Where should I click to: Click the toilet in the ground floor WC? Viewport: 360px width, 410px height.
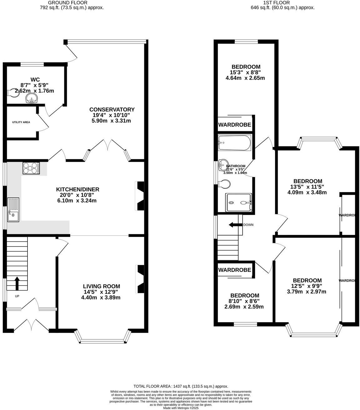[13, 92]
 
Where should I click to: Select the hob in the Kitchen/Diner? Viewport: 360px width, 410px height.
[31, 168]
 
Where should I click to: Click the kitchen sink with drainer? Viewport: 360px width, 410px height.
[13, 210]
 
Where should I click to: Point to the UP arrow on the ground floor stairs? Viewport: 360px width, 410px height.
[17, 283]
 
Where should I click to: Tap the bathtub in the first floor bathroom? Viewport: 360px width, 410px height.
[234, 142]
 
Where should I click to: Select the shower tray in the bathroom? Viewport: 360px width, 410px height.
[238, 202]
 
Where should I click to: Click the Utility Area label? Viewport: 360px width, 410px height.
[21, 122]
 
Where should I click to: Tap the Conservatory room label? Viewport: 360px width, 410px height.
[112, 109]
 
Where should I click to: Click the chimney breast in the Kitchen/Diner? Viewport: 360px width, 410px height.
[140, 196]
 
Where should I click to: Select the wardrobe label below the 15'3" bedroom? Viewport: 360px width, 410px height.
[234, 125]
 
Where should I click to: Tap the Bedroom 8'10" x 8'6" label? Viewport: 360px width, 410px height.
[244, 296]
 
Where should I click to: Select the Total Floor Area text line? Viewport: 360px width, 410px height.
[181, 386]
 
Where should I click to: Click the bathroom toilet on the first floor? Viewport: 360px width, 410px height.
[224, 184]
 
